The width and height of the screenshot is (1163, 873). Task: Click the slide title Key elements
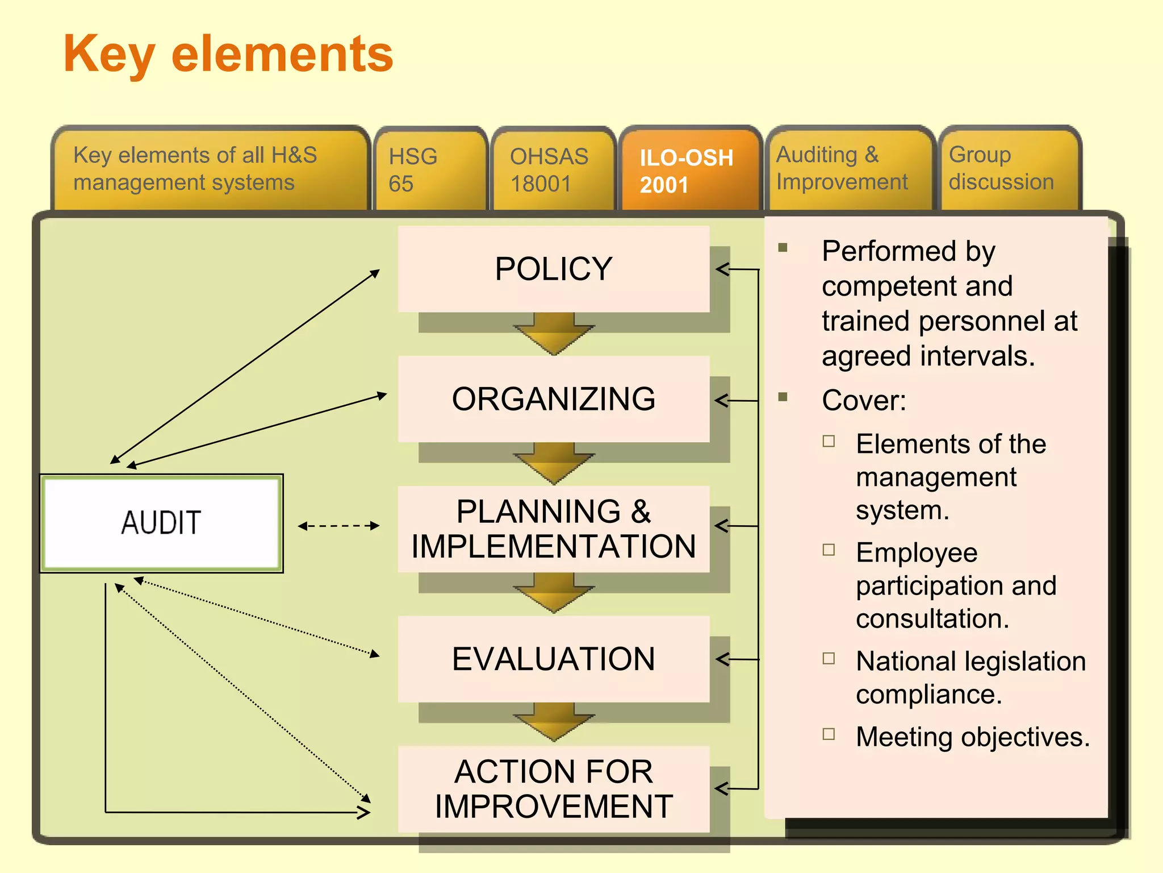228,54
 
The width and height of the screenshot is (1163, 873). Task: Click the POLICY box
554,269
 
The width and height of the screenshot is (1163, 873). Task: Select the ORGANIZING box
554,399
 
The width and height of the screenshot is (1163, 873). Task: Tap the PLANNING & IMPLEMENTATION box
554,529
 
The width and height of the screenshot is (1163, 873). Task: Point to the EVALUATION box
554,659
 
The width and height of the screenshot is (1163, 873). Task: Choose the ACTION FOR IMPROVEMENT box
554,789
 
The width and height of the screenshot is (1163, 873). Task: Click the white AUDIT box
161,523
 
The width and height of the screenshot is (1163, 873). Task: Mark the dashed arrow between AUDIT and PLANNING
338,526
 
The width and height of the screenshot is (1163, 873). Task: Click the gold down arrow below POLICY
554,335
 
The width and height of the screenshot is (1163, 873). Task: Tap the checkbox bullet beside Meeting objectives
829,734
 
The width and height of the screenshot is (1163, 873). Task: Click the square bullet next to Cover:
783,397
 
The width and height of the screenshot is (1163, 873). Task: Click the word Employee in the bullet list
917,552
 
